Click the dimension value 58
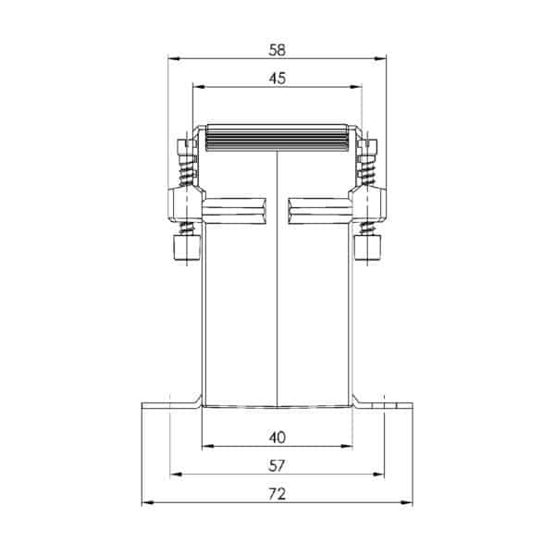277,50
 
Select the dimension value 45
277,79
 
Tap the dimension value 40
277,438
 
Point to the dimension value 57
277,466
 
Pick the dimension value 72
277,494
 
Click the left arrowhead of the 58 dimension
174,58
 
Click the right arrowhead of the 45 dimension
356,87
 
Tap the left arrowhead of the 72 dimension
148,502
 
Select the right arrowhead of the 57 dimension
378,475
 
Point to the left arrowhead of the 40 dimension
208,447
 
